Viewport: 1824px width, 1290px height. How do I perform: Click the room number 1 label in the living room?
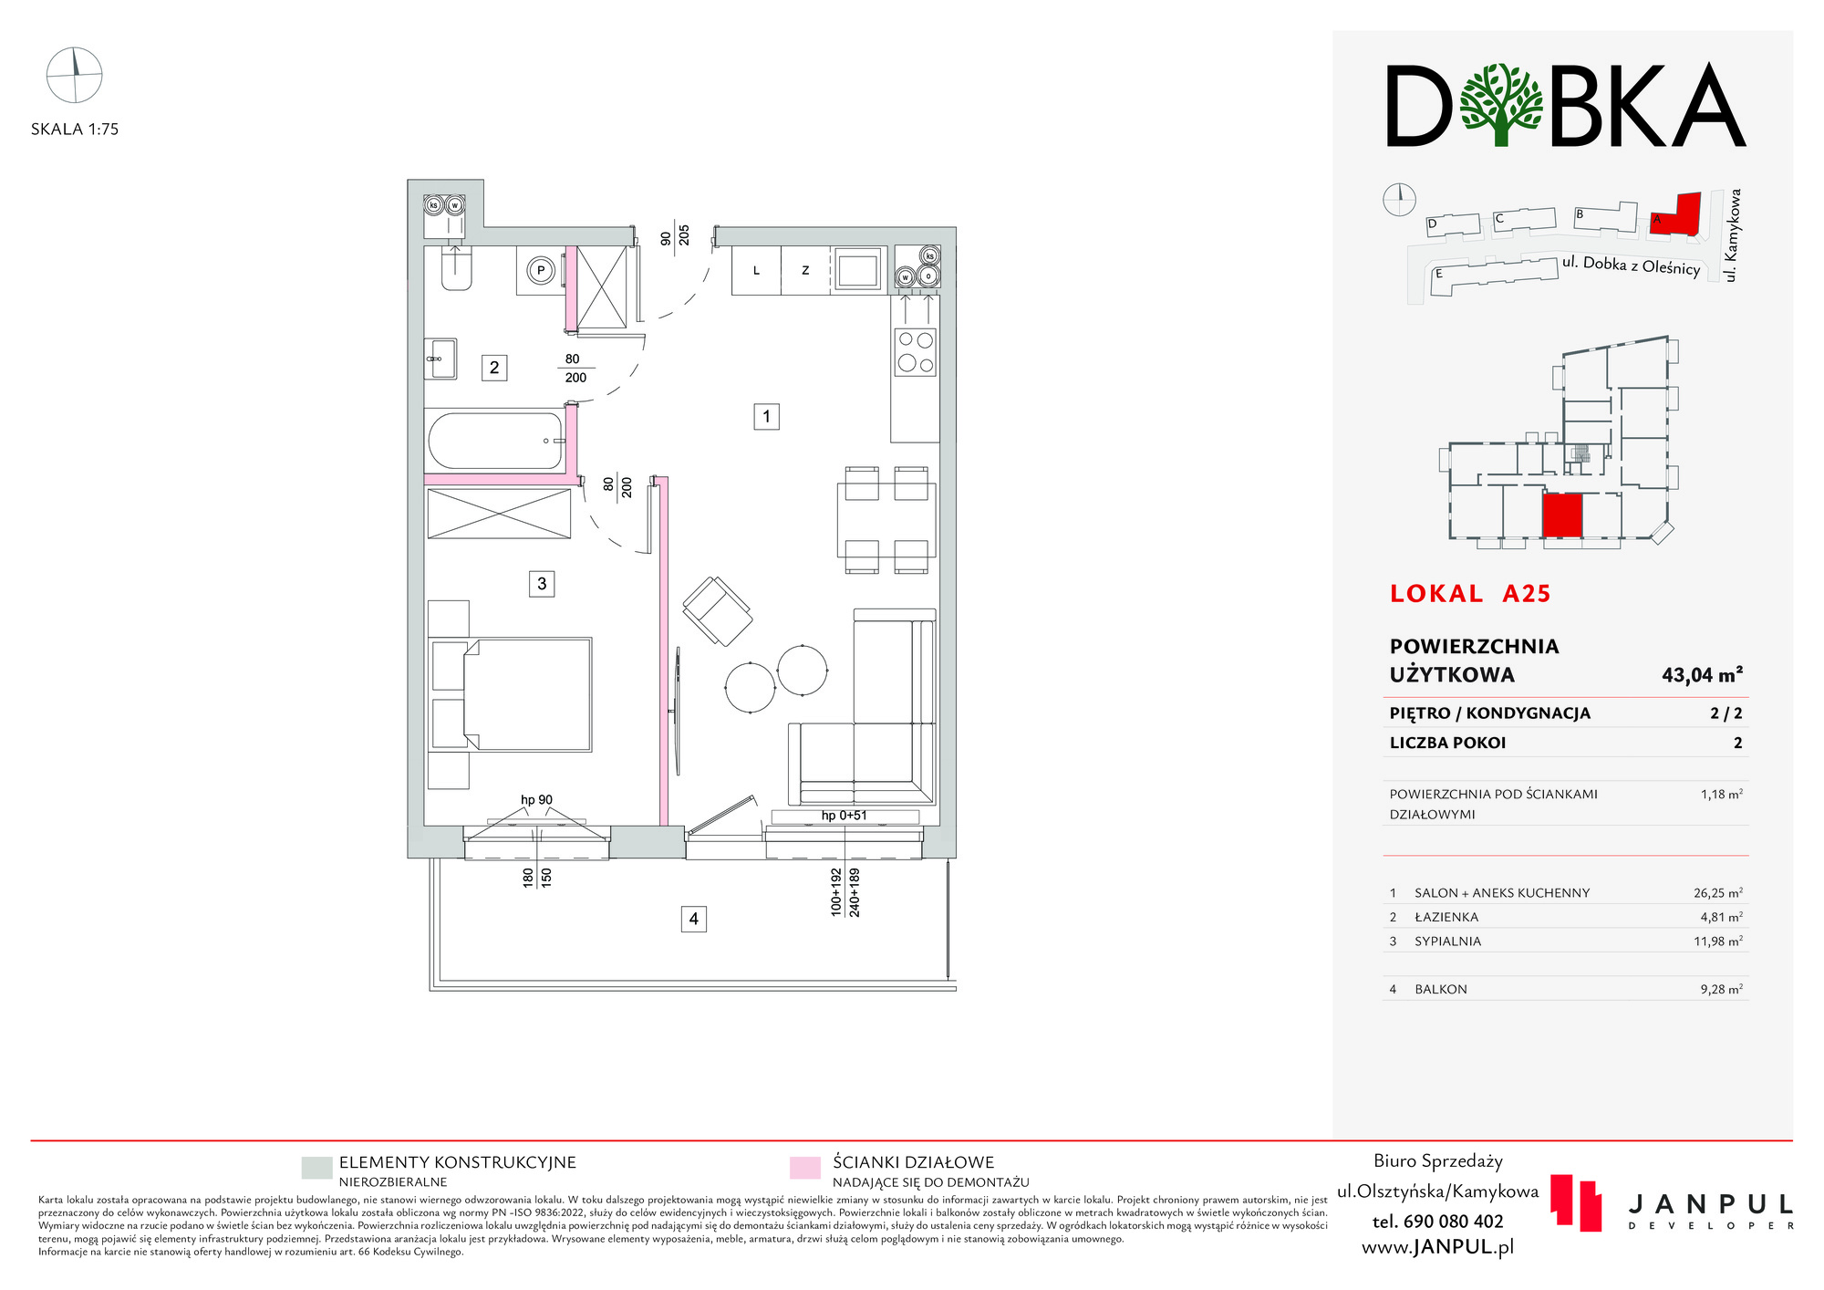click(x=766, y=417)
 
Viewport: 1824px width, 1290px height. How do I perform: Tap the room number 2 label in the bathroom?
click(x=494, y=368)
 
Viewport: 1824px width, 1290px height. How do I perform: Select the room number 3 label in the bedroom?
click(x=542, y=584)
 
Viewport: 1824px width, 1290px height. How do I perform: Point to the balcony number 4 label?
click(x=694, y=919)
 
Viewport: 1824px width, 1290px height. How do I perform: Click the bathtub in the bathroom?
click(x=495, y=441)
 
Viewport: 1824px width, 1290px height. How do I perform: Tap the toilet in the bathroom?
click(x=456, y=266)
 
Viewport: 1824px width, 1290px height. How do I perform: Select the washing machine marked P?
click(x=541, y=270)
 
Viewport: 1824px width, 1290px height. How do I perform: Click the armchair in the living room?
click(x=718, y=611)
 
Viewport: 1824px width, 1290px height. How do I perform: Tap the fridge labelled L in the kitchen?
click(x=756, y=270)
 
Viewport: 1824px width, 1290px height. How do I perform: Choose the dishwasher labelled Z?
click(x=805, y=270)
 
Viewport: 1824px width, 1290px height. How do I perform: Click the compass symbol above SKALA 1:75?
click(x=74, y=75)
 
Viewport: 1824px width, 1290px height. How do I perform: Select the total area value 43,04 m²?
click(x=1702, y=675)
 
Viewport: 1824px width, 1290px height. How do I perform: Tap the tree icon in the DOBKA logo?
click(x=1501, y=105)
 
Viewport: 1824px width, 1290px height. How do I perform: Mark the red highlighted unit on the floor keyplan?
click(x=1561, y=515)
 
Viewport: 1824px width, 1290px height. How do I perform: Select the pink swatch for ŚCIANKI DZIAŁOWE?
click(x=805, y=1168)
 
